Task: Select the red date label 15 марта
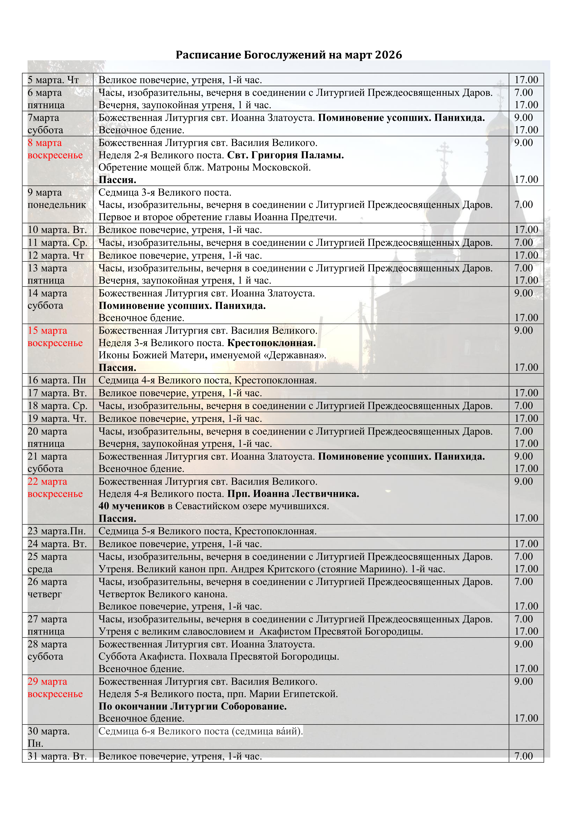[47, 331]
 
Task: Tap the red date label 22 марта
[47, 482]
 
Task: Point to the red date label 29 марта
[47, 682]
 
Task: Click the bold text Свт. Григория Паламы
[285, 155]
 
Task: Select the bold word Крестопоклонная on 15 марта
[271, 343]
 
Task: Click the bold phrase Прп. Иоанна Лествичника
[293, 494]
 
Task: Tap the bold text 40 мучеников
[131, 506]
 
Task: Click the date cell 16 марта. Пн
[57, 381]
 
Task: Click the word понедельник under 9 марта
[57, 205]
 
